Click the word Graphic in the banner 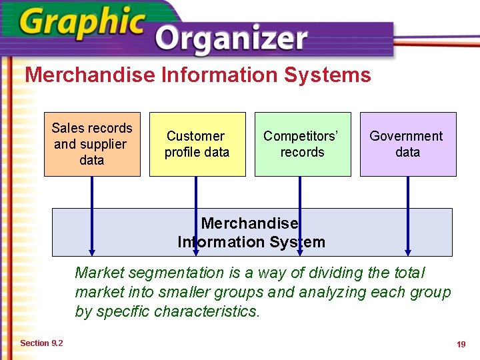81,23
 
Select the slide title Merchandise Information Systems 198,75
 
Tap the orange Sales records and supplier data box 92,144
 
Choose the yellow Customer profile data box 197,144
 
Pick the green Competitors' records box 303,144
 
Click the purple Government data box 408,144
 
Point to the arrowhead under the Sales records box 92,253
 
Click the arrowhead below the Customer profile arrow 196,253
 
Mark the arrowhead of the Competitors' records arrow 300,253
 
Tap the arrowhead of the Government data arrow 408,253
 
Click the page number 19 461,344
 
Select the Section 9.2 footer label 41,343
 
